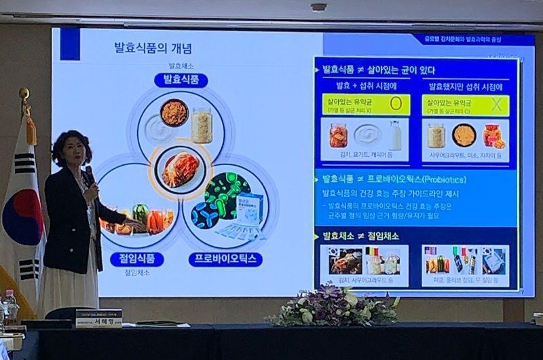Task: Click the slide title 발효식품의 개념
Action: click(153, 48)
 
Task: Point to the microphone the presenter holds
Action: click(89, 173)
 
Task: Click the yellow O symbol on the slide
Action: click(396, 105)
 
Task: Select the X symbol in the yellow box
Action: click(495, 105)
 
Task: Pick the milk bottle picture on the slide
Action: click(395, 135)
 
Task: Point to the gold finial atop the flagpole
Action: click(24, 94)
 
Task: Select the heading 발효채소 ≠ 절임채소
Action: click(360, 236)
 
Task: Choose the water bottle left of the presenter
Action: click(10, 305)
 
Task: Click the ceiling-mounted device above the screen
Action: click(318, 7)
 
